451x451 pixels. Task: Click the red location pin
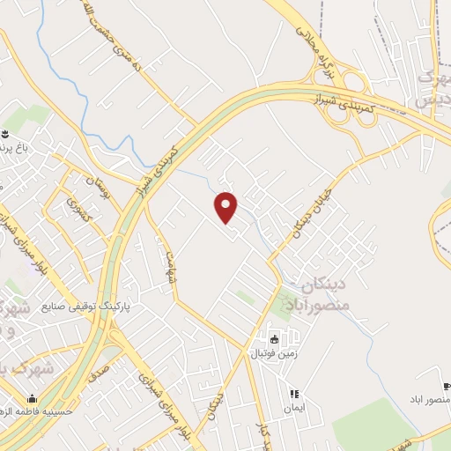[226, 206]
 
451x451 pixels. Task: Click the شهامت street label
[162, 262]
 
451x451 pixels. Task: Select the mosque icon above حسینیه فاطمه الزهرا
[33, 397]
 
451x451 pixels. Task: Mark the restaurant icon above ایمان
[293, 393]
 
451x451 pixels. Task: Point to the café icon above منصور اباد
[447, 387]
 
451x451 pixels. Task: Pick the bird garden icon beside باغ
[5, 134]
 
